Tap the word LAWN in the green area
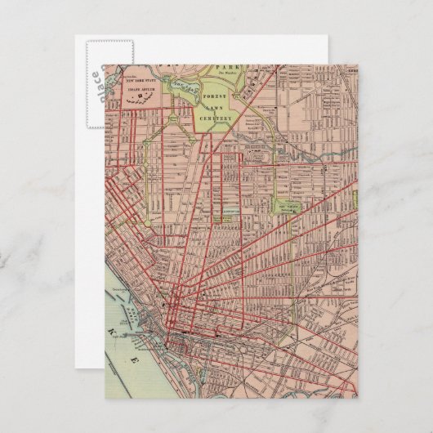[216, 108]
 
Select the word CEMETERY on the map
[216, 118]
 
